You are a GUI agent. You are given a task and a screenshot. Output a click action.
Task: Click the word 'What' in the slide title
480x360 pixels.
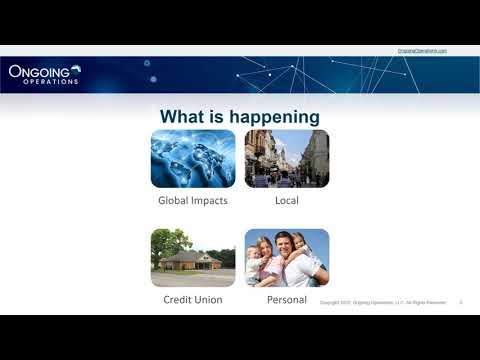click(x=184, y=117)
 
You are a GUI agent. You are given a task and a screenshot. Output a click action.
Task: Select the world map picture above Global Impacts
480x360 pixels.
click(x=193, y=158)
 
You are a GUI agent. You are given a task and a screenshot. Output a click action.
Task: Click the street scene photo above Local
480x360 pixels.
click(x=287, y=158)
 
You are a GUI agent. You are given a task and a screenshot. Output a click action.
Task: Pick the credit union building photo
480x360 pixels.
click(x=193, y=258)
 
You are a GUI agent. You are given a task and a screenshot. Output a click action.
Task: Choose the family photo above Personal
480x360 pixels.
click(x=287, y=258)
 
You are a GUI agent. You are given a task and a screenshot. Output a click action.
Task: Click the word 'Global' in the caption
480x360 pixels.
click(x=175, y=200)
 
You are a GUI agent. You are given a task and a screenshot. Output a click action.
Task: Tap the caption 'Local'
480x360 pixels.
click(x=287, y=200)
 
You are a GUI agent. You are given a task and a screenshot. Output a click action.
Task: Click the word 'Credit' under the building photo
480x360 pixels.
click(x=178, y=299)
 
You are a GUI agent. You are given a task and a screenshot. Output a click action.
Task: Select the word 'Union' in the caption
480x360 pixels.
click(x=210, y=299)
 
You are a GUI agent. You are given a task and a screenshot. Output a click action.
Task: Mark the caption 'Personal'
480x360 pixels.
click(x=287, y=299)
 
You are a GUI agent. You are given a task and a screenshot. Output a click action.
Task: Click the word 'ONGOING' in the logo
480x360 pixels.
click(x=37, y=71)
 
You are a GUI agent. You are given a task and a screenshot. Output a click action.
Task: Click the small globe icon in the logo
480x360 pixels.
click(x=76, y=69)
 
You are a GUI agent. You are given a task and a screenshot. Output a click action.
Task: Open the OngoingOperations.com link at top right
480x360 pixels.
click(x=422, y=50)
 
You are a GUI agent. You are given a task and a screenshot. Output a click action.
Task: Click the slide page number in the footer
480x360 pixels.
click(x=460, y=302)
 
